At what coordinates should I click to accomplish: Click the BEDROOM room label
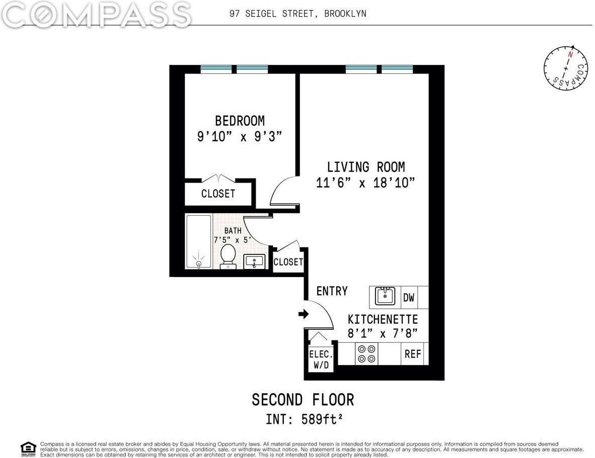click(240, 121)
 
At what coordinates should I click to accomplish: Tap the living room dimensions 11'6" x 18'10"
click(365, 182)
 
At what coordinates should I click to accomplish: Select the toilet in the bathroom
click(228, 255)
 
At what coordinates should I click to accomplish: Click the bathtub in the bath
click(198, 241)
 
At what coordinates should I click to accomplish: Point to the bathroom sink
click(254, 261)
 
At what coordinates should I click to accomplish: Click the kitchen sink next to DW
click(385, 297)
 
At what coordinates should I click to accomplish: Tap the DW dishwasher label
click(409, 298)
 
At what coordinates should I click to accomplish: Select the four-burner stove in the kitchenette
click(366, 353)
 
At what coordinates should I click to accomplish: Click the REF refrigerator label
click(413, 354)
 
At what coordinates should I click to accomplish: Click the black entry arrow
click(303, 314)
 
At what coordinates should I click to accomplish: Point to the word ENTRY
click(332, 291)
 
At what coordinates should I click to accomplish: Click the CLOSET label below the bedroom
click(218, 194)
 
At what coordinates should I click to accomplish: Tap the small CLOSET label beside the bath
click(288, 262)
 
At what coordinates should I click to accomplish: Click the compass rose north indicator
click(570, 54)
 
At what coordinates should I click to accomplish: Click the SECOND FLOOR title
click(303, 400)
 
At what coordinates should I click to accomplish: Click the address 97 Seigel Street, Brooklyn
click(297, 14)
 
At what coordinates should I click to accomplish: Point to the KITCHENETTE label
click(383, 319)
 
